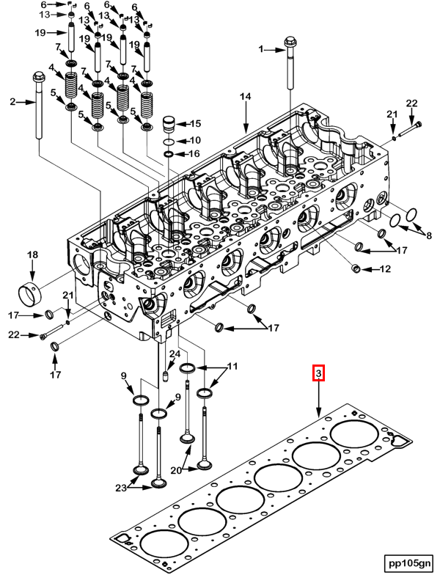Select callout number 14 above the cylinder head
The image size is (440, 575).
(246, 97)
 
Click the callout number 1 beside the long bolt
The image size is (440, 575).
(260, 50)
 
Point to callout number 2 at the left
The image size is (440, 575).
(12, 102)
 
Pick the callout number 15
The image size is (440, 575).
(195, 123)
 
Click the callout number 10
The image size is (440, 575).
(195, 139)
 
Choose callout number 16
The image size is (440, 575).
(195, 153)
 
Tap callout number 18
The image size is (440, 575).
(32, 254)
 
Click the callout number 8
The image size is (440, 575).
(430, 235)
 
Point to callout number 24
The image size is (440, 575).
(175, 354)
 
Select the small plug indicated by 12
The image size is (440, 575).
(357, 269)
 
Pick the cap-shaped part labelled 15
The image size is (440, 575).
(169, 122)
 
